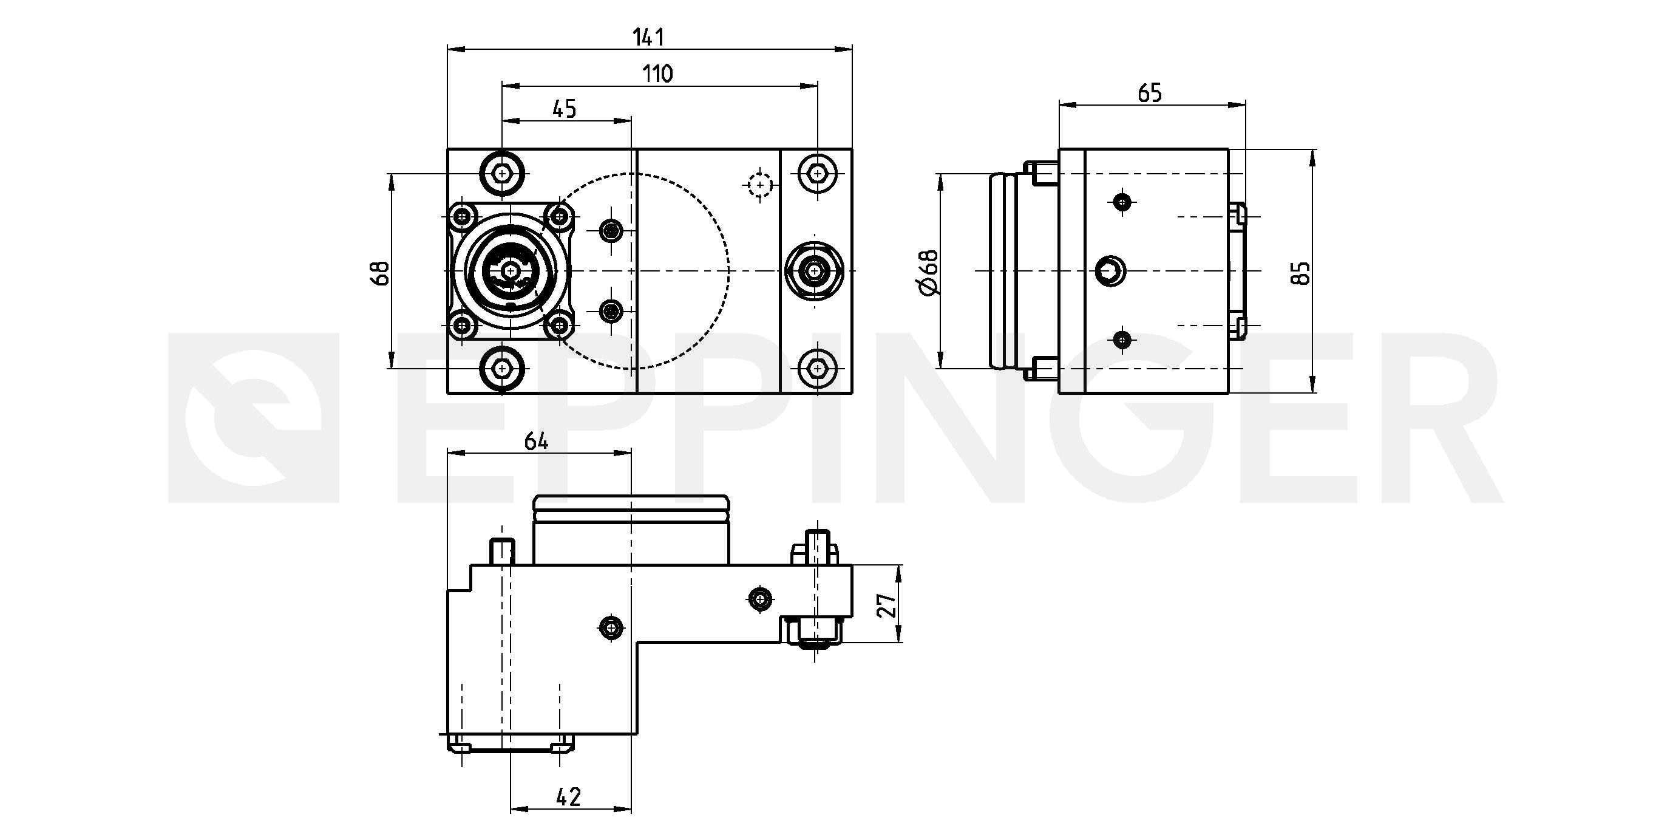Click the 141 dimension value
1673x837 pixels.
(x=649, y=37)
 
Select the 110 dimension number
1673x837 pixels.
(x=658, y=73)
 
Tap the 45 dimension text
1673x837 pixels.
(x=565, y=109)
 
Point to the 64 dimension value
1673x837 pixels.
(x=537, y=441)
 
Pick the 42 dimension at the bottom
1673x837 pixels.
(x=568, y=797)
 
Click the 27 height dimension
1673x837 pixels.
(x=887, y=604)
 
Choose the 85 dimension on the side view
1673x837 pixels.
(x=1301, y=273)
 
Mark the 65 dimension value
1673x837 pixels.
(x=1150, y=93)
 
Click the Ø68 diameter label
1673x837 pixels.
(x=929, y=272)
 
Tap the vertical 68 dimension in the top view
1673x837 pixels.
(x=381, y=273)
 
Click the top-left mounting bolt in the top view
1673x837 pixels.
(x=502, y=174)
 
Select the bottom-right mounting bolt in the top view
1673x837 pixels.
(x=817, y=369)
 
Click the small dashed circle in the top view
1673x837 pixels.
(x=760, y=185)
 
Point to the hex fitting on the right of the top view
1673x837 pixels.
(x=814, y=270)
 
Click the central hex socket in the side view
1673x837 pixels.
(x=1109, y=271)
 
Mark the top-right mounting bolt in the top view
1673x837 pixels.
(x=817, y=174)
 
